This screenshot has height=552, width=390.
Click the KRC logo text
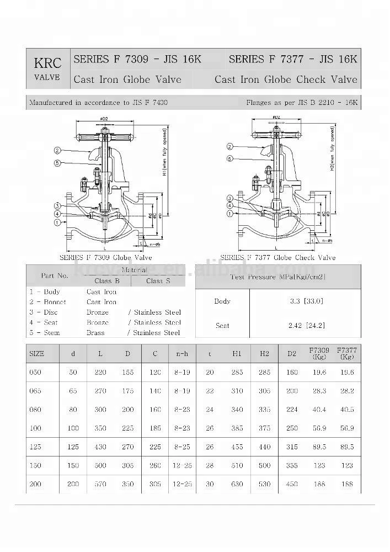(47, 63)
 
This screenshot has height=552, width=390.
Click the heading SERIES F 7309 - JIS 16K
(137, 59)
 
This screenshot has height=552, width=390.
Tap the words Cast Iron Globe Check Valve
(286, 79)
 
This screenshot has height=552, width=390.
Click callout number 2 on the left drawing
(57, 150)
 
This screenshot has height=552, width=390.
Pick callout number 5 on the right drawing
(230, 159)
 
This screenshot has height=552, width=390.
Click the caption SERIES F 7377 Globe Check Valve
(277, 258)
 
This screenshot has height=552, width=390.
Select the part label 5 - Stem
(45, 333)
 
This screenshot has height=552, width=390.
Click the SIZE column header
(36, 354)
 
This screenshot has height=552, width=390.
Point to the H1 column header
(236, 354)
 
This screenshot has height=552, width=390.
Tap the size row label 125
(35, 447)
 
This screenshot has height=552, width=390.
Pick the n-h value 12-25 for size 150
(183, 465)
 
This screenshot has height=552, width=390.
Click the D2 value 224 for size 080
(292, 410)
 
